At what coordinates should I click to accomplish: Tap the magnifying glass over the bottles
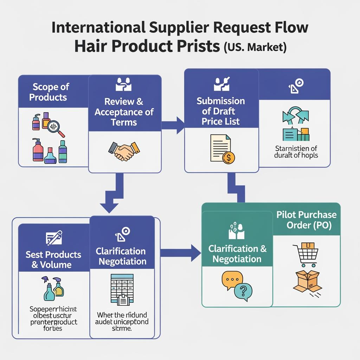click(x=56, y=128)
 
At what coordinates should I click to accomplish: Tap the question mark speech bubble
click(x=243, y=291)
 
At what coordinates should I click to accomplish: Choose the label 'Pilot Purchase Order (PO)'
click(x=306, y=220)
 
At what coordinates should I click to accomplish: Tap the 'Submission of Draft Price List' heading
click(x=221, y=111)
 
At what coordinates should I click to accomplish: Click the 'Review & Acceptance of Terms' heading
click(x=124, y=112)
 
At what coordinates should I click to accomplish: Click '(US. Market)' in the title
click(x=255, y=47)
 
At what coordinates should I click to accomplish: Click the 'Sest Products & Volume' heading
click(x=53, y=259)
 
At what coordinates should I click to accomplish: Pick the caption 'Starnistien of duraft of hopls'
click(x=296, y=152)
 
